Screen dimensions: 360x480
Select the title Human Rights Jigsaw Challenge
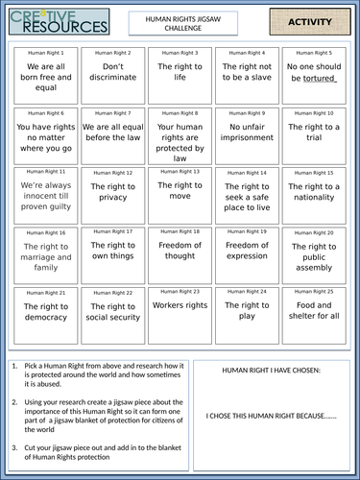[179, 20]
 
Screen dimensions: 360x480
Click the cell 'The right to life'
[179, 73]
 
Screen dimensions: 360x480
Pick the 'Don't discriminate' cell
[113, 73]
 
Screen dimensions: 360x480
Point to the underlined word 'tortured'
[318, 80]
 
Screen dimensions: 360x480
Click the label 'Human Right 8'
[179, 112]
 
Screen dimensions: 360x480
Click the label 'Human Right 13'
[179, 172]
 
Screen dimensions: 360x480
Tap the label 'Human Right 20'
[314, 232]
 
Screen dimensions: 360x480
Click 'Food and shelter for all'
[314, 311]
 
